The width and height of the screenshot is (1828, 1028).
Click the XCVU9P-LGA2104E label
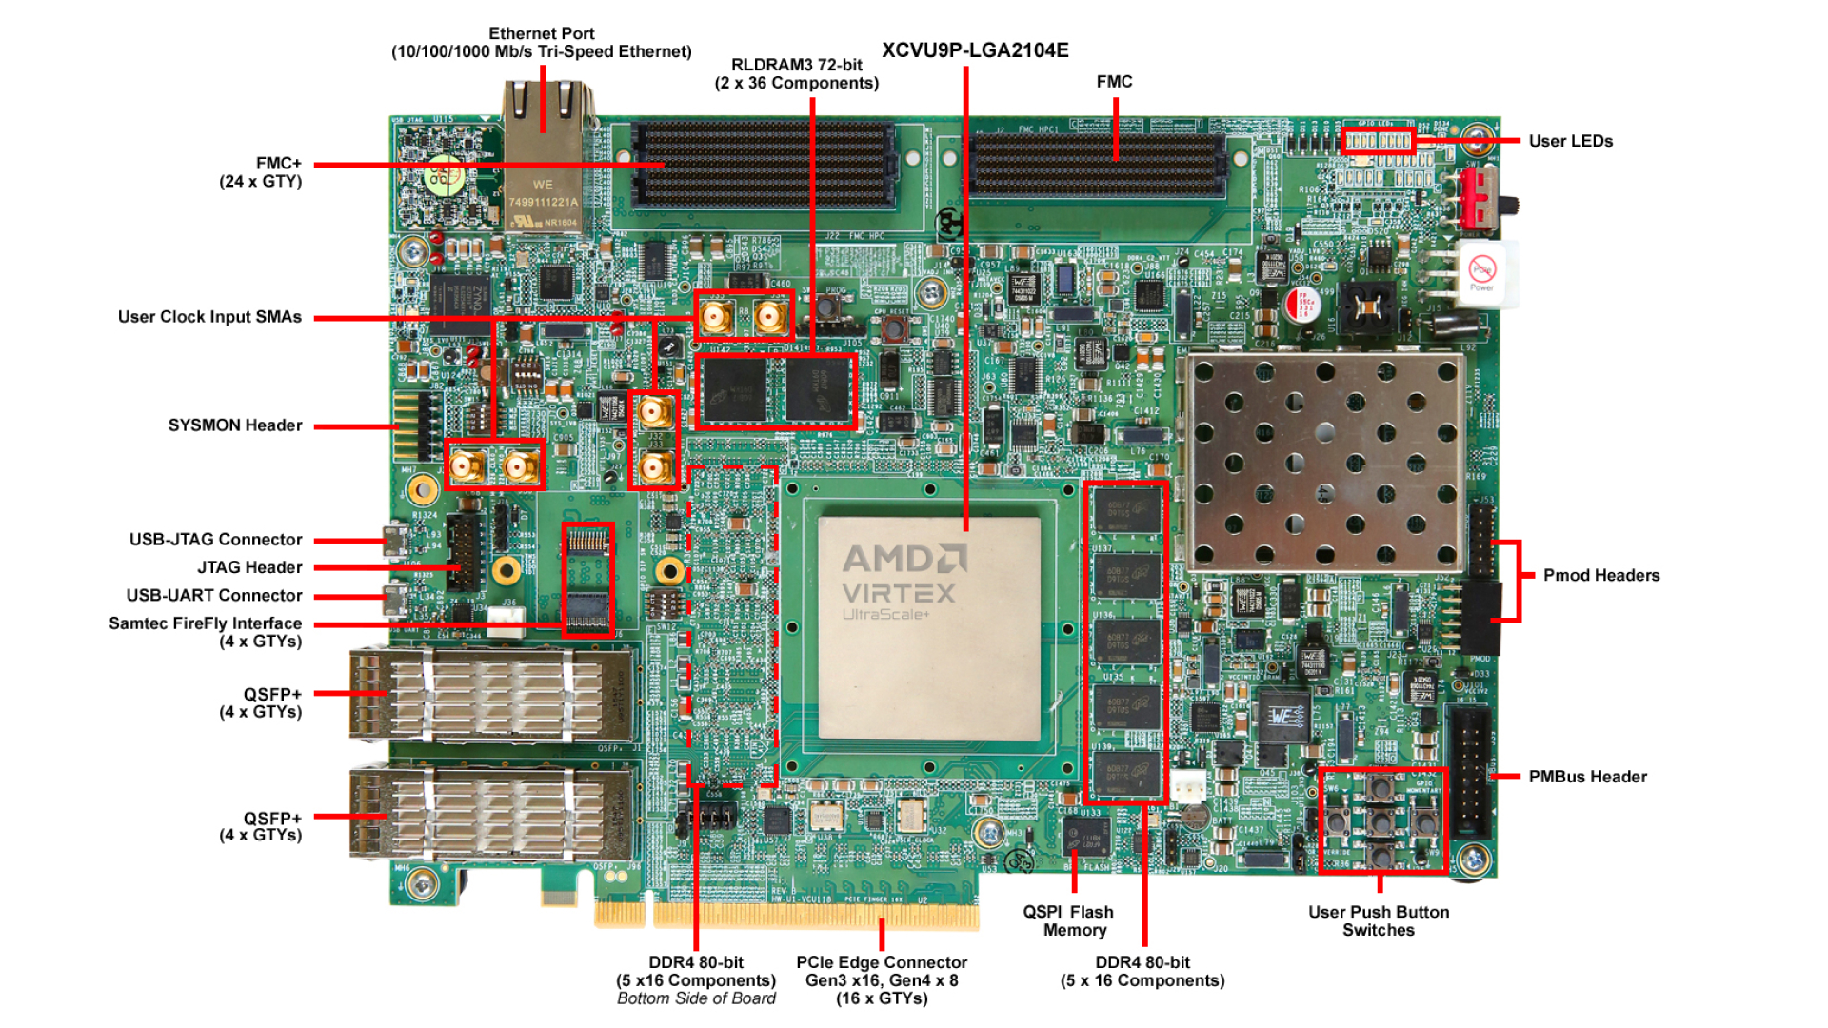coord(975,50)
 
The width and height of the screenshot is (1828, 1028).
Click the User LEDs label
coord(1570,141)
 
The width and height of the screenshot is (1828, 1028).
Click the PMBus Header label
coord(1587,777)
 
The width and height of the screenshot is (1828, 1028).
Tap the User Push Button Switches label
coord(1378,920)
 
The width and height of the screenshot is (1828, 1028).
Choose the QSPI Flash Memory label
coord(1068,920)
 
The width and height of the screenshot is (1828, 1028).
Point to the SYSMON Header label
coord(235,425)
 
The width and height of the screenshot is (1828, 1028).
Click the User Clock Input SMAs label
coord(209,317)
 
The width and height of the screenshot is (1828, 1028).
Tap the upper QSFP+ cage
coord(492,695)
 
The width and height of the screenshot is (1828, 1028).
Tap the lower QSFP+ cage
coord(492,814)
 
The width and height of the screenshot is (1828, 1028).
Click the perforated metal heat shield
coord(1323,462)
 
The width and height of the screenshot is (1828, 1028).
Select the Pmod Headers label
coord(1600,575)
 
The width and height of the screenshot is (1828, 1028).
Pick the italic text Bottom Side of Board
coord(696,998)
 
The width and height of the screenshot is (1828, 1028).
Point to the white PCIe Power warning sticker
coord(1482,273)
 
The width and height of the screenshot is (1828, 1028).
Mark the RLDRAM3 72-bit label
coord(797,73)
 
